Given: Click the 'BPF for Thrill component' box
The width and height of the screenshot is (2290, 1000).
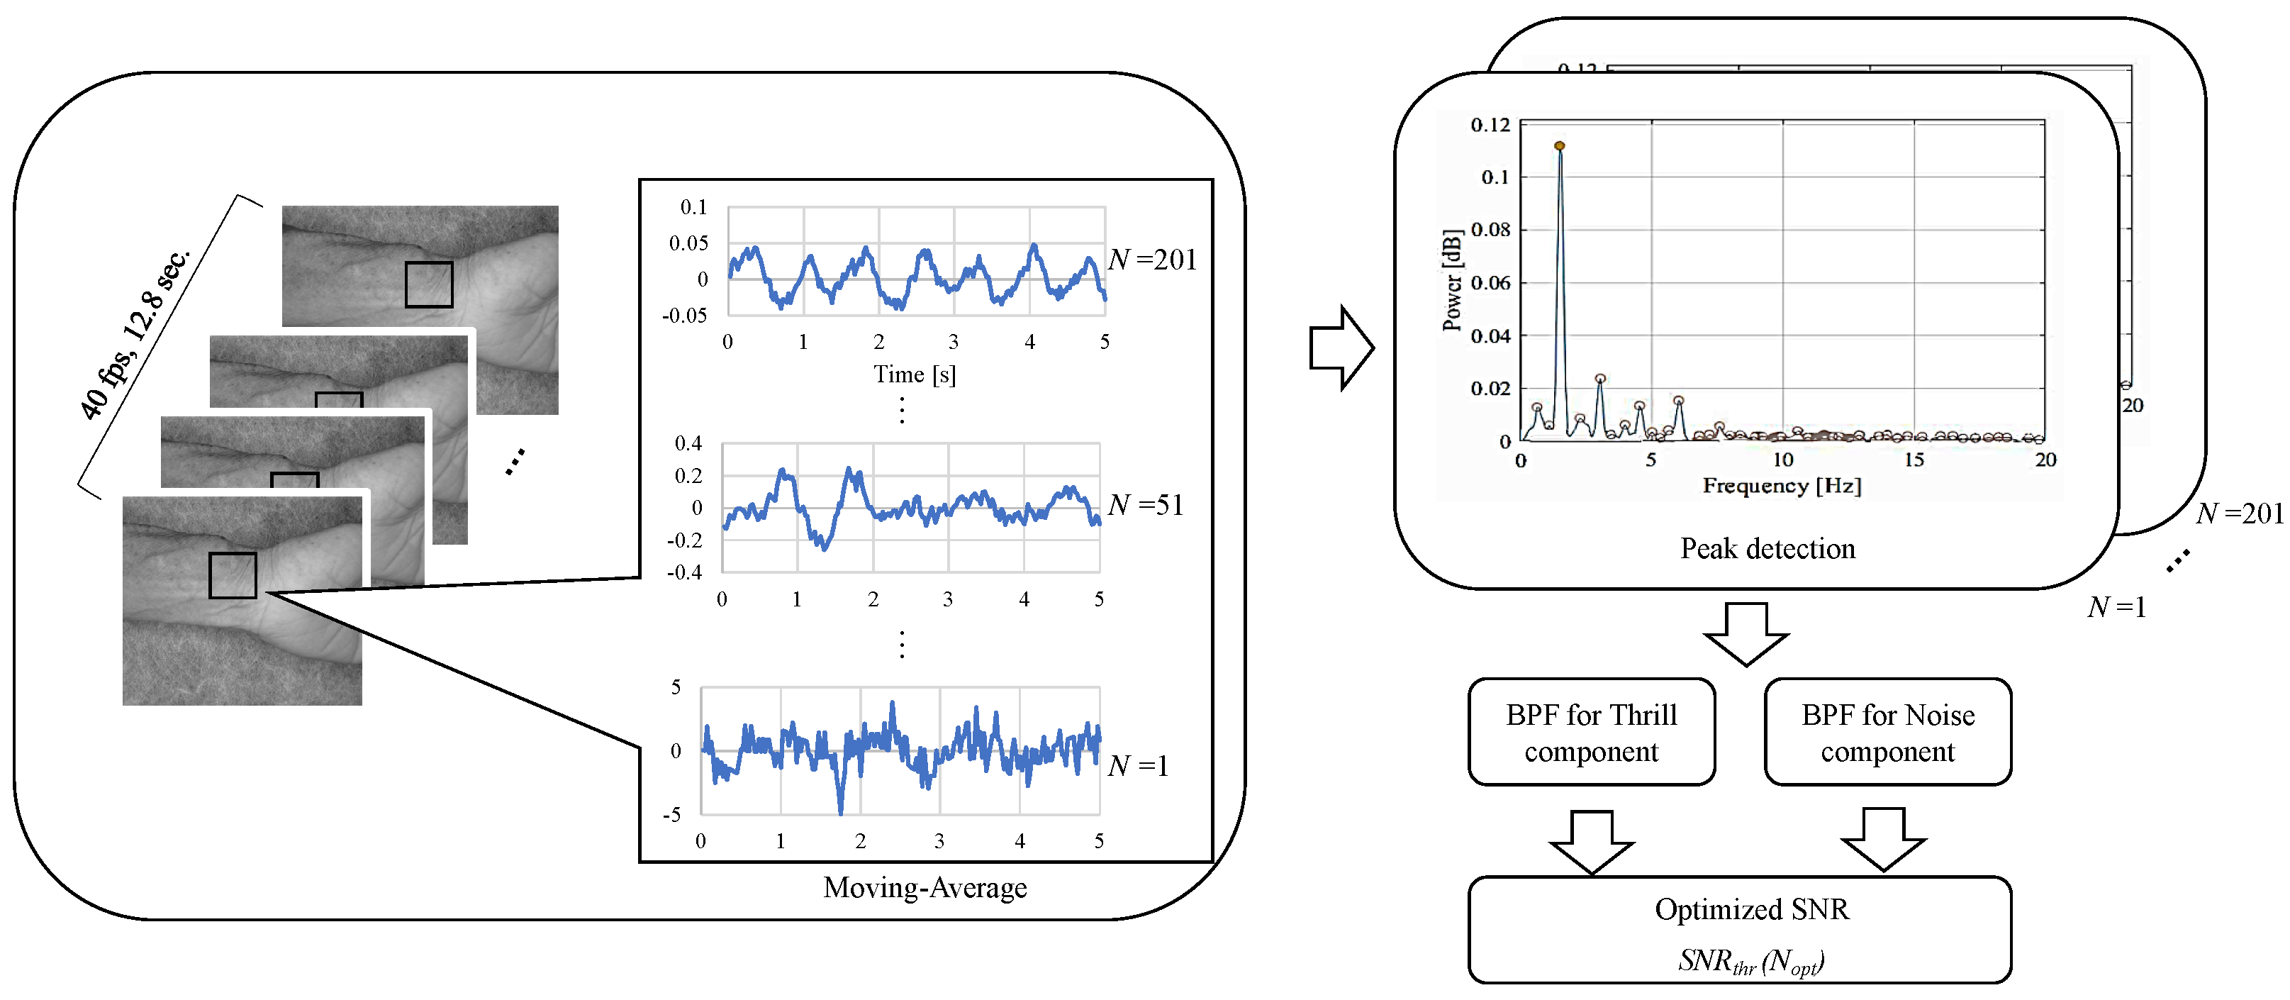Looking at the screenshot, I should (1590, 733).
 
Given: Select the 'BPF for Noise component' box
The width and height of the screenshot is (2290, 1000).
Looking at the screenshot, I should (1887, 733).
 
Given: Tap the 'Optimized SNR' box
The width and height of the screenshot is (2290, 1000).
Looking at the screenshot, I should (1739, 930).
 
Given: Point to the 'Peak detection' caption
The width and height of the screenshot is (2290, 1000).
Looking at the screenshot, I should (1767, 548).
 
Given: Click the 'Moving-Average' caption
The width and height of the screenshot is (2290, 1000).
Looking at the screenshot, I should (925, 887).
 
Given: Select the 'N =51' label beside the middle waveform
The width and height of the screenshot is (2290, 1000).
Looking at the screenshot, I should (1146, 505).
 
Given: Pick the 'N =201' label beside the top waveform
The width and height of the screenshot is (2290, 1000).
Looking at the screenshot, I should (1152, 260).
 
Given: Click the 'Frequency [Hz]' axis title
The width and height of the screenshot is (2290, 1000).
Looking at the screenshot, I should (1782, 485).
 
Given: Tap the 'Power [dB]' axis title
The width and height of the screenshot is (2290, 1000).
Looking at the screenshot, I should (1452, 280).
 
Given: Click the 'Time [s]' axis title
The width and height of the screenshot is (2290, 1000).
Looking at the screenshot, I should (914, 374).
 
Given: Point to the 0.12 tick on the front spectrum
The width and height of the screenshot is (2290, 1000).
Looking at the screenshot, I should (1490, 124).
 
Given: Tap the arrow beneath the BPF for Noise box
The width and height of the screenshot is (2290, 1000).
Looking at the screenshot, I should (1883, 839).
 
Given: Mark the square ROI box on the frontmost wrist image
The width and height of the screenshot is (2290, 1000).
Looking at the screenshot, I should (232, 575).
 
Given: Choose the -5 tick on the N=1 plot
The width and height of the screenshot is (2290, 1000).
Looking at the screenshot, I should (672, 814).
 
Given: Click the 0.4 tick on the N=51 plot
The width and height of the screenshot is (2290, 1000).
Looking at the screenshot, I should (688, 443).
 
